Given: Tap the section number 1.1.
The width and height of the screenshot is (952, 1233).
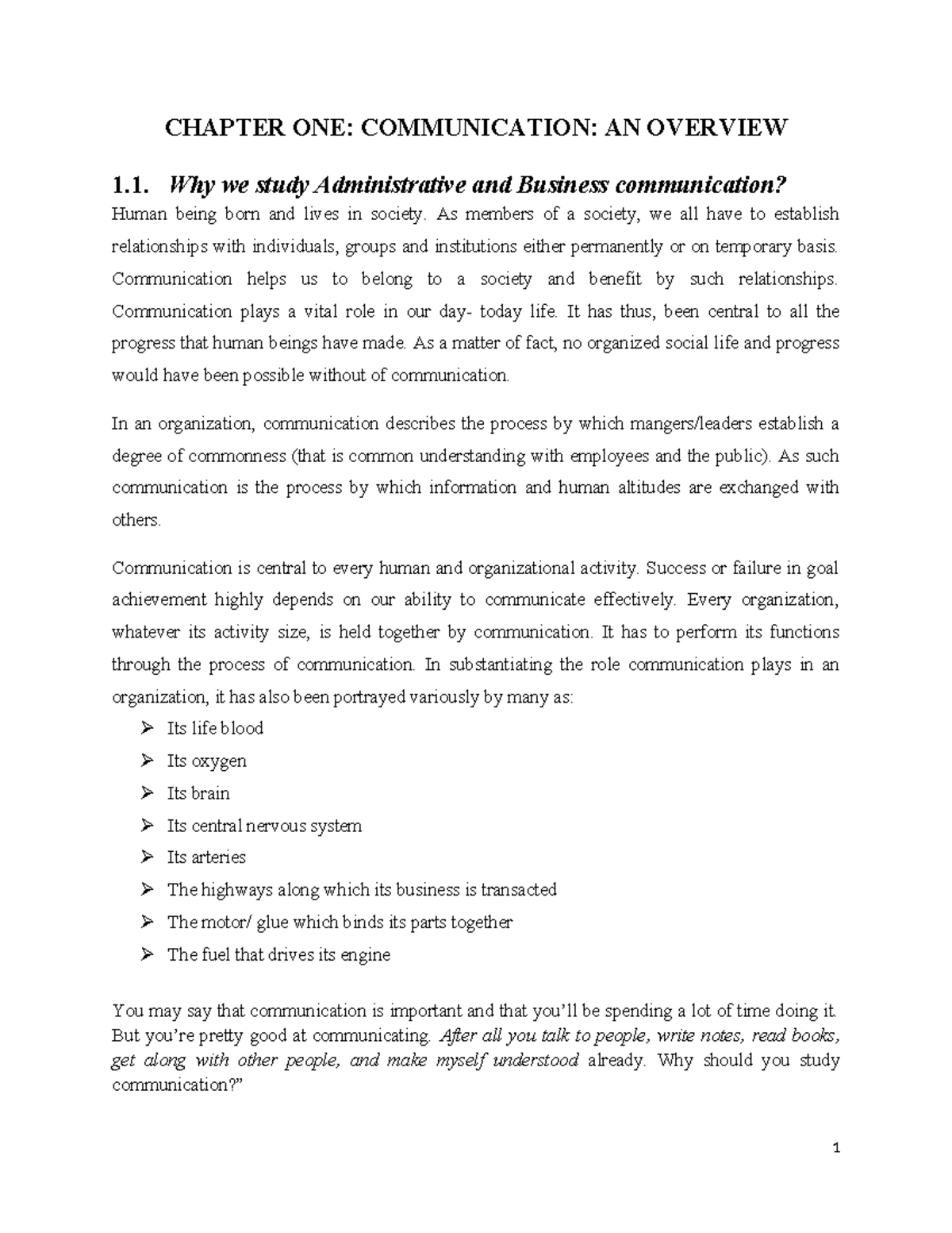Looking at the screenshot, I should [x=130, y=186].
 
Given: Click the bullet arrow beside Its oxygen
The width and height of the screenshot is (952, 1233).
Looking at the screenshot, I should [x=147, y=761].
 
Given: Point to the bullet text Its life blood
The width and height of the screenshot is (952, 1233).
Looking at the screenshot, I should [x=215, y=728].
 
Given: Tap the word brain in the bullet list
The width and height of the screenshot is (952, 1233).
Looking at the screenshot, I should [x=210, y=793].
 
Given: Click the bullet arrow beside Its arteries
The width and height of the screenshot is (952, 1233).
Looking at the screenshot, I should [x=147, y=857].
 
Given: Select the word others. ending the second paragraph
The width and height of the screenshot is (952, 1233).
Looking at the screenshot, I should [x=136, y=520].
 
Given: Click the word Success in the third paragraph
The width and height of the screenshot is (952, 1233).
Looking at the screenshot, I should [x=674, y=568].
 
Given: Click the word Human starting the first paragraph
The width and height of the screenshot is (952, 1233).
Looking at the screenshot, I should [x=136, y=214].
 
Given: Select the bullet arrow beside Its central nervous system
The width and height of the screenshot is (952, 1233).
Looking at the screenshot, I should [x=147, y=826].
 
